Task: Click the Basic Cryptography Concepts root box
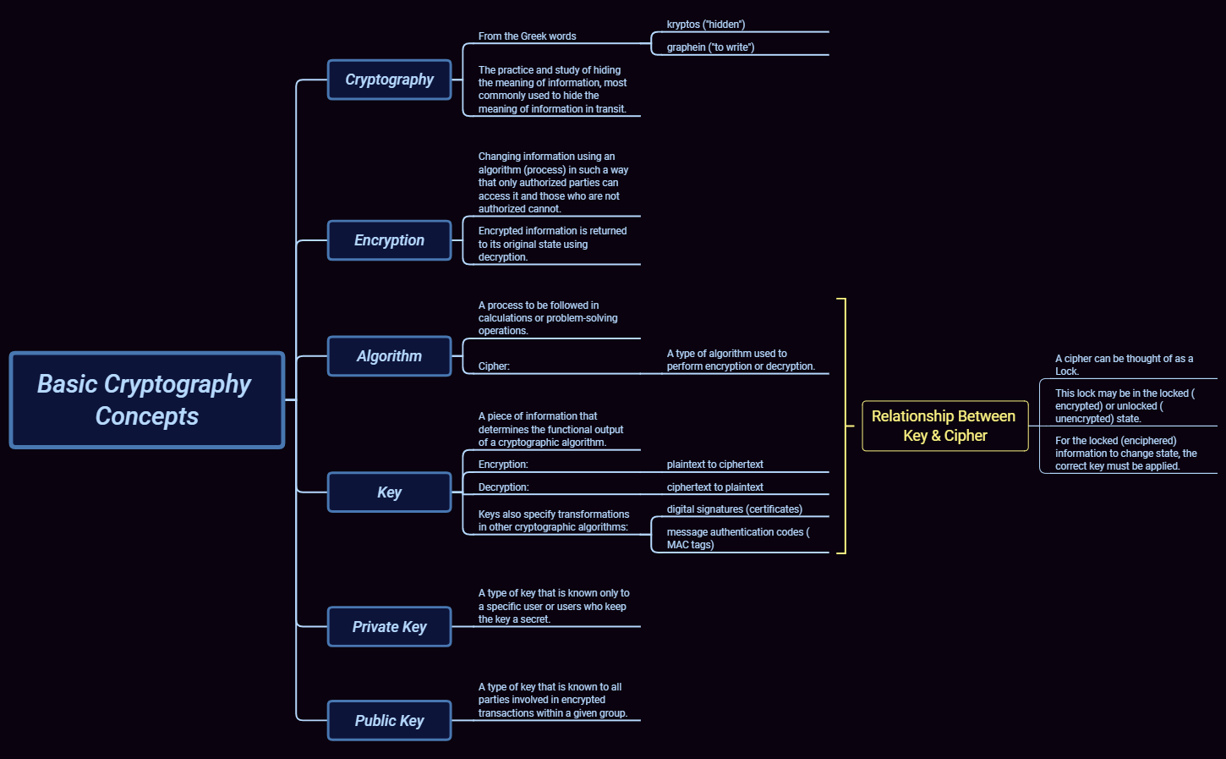147,400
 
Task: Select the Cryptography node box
389,80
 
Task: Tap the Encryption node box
389,240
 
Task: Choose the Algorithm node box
389,356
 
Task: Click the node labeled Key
389,492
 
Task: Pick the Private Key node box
389,627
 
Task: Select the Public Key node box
389,721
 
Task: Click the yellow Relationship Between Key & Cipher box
944,426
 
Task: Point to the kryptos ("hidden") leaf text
706,25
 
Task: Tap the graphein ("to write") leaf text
710,47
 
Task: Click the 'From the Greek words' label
527,36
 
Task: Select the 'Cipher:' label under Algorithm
494,366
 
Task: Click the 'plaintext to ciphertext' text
714,465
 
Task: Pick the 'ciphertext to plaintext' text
714,487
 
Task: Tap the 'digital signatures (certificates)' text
734,509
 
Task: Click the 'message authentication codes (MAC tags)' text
737,538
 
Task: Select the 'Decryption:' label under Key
503,487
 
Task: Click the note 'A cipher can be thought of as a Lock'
1124,365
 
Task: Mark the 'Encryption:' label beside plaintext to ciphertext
503,465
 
